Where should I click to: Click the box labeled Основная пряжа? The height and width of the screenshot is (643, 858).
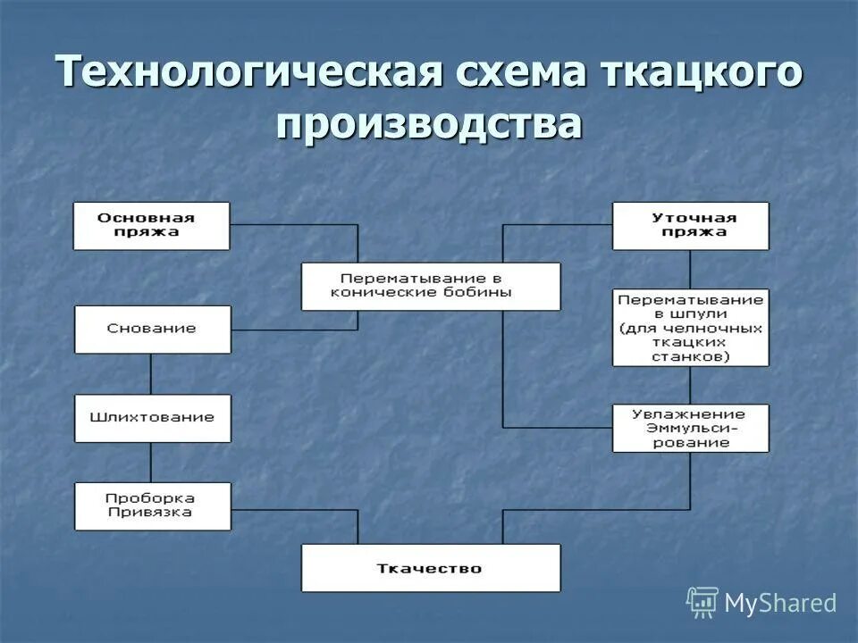point(151,226)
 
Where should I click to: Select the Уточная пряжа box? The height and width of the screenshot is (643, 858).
point(690,226)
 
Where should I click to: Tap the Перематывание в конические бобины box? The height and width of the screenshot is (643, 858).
point(431,286)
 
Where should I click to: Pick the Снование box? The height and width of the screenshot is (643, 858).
point(152,330)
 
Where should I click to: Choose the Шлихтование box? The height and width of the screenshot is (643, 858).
point(152,418)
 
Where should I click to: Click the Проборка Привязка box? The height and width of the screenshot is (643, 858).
point(152,506)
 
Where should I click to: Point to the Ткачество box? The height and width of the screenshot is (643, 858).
point(431,568)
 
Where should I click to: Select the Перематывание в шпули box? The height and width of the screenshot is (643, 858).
point(690,327)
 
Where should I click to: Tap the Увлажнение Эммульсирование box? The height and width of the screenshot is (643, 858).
point(690,428)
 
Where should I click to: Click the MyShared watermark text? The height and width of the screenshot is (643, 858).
point(780,603)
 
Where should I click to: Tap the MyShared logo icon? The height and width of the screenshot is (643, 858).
point(702,603)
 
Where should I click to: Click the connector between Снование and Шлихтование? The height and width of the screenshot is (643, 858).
point(150,374)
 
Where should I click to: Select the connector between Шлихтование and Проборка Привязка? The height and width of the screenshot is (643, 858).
point(150,463)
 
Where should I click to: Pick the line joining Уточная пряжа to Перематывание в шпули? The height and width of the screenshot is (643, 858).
point(690,269)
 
